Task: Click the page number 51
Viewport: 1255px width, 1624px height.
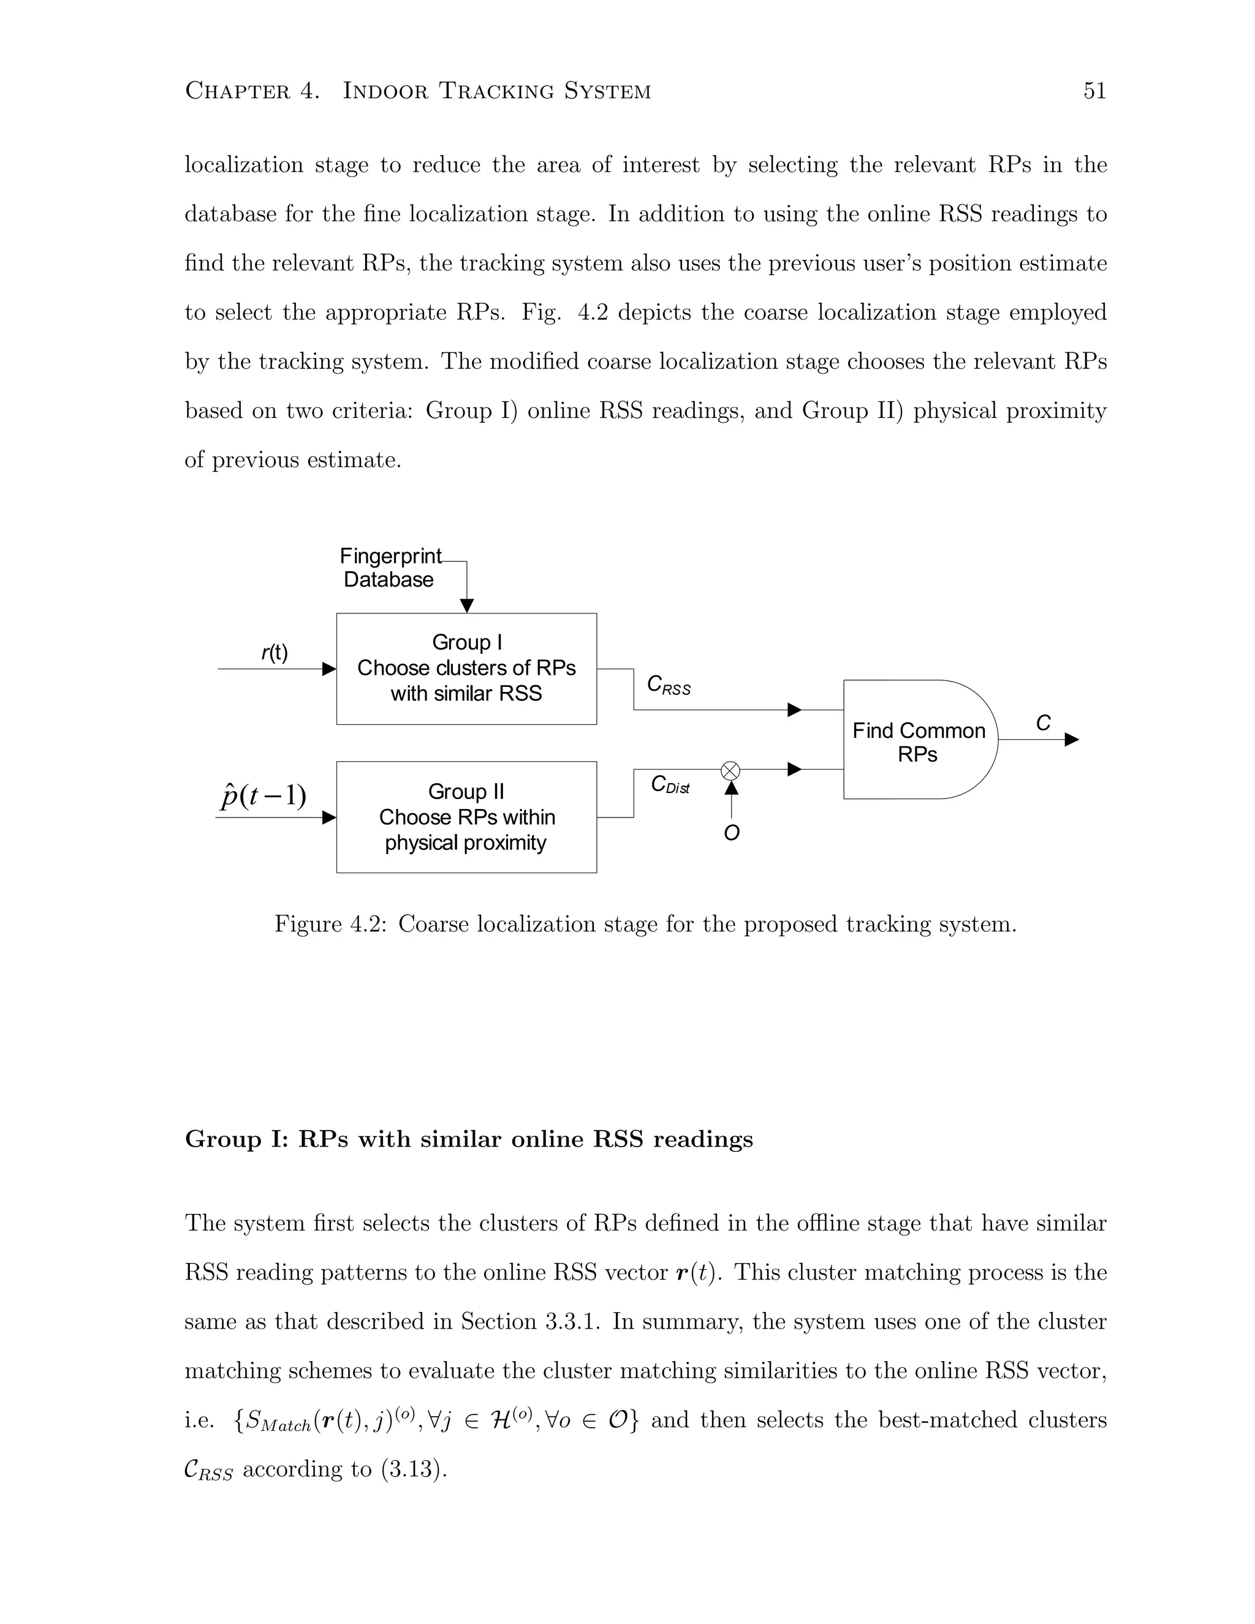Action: pos(1094,91)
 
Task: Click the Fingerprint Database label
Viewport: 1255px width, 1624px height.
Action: pos(390,567)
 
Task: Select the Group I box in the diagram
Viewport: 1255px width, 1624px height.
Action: pos(466,669)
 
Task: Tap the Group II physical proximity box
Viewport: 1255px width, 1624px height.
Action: pos(466,816)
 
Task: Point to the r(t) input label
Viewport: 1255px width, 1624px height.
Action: pos(275,653)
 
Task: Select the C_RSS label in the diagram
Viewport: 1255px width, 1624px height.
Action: pos(669,685)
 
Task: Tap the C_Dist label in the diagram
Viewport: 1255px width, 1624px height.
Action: pos(670,784)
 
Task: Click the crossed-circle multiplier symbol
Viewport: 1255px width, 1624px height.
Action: pos(731,770)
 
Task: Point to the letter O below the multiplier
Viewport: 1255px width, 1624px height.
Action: pos(732,833)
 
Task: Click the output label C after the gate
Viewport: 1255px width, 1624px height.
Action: pos(1043,723)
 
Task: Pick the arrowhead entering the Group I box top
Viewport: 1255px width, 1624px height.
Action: pos(466,605)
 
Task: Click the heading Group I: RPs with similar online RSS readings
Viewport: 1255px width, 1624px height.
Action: pos(468,1139)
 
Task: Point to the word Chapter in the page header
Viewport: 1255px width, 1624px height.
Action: pos(237,91)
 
